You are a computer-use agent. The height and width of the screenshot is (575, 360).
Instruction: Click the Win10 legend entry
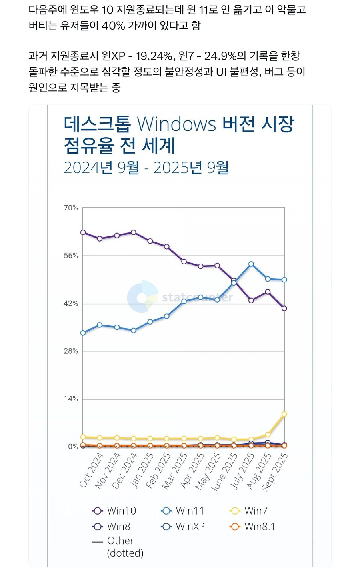point(114,511)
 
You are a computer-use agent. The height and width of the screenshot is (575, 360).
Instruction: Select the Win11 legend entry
point(183,511)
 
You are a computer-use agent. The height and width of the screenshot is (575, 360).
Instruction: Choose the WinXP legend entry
point(183,527)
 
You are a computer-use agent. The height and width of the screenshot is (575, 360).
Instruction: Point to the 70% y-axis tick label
point(71,208)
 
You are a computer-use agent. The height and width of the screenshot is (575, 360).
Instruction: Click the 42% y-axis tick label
point(71,303)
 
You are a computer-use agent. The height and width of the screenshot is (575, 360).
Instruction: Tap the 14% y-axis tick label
point(71,399)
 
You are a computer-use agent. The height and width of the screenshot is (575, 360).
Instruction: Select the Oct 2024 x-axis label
point(91,471)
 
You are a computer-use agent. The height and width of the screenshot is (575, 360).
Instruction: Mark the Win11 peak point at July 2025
point(251,264)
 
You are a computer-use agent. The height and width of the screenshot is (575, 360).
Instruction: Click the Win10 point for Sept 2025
point(284,308)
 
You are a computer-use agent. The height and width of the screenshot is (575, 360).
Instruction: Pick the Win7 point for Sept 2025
point(284,414)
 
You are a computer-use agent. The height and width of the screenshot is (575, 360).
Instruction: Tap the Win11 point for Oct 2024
point(83,333)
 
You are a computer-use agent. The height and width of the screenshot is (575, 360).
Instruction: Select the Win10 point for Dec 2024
point(134,232)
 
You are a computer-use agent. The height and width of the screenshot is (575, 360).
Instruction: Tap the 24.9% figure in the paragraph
point(220,56)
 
